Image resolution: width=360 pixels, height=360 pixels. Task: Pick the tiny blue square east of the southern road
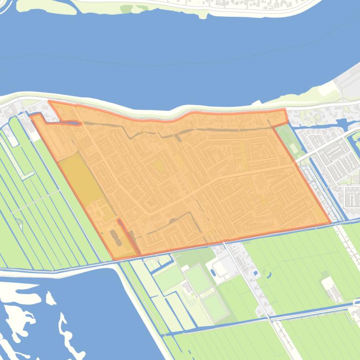point(255,273)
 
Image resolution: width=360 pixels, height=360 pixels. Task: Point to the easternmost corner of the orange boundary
point(330,223)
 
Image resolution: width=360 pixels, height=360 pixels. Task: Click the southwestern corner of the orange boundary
point(114,259)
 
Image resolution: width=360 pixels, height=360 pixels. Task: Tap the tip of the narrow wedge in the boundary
point(118,220)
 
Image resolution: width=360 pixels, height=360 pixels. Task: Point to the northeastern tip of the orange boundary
point(285,110)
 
